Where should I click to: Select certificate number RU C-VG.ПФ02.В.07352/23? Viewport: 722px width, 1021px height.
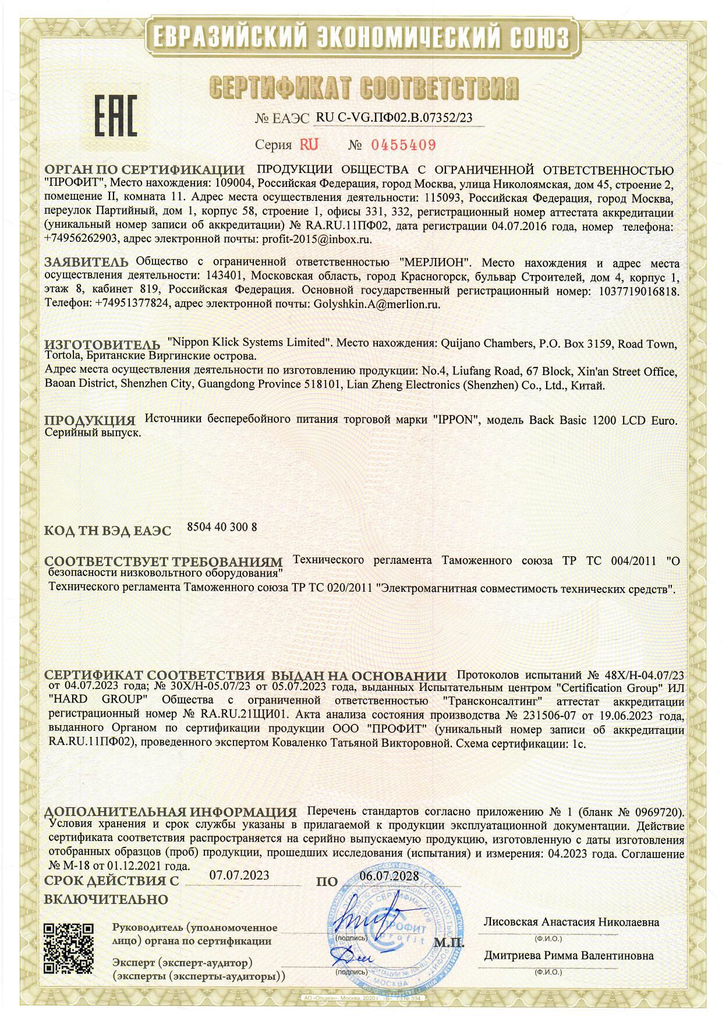(x=394, y=117)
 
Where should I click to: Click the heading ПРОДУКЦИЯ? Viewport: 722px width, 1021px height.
(x=90, y=420)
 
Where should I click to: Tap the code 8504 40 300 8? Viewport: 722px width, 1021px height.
(x=222, y=527)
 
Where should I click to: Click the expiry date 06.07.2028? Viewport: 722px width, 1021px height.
(x=389, y=877)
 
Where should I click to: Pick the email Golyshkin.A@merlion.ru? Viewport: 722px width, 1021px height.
(x=376, y=303)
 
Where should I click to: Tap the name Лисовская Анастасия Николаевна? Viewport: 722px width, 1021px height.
(x=571, y=922)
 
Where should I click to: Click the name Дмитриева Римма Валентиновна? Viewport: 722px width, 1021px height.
(x=569, y=955)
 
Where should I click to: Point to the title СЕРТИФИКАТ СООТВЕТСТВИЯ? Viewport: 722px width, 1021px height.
(x=363, y=89)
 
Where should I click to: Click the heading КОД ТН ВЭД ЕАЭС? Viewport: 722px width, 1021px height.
(x=108, y=531)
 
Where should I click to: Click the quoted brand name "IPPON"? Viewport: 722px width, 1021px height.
(x=456, y=420)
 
